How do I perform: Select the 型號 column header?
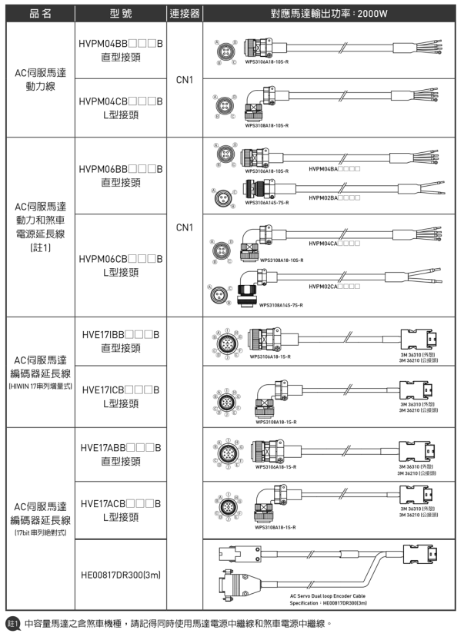click(x=121, y=12)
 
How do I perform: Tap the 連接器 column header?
click(x=184, y=12)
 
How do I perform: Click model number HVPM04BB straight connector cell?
click(x=121, y=50)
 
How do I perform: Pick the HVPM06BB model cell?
click(x=121, y=174)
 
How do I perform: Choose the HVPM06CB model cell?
click(x=121, y=264)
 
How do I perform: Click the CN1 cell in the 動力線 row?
click(x=184, y=78)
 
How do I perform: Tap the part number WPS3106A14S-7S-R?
click(x=267, y=204)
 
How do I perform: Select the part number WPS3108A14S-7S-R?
click(x=282, y=305)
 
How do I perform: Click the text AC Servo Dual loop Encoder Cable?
click(x=326, y=595)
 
